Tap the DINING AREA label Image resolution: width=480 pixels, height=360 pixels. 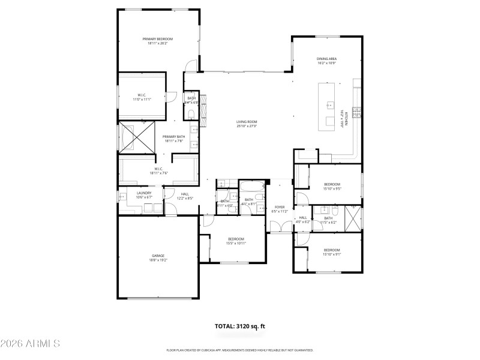326,59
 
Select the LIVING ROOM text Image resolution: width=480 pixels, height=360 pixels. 246,122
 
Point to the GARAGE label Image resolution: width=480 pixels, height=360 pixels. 158,256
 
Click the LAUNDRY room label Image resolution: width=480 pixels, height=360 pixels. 127,193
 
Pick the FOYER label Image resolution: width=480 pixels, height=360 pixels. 280,208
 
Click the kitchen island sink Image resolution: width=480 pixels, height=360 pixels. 329,104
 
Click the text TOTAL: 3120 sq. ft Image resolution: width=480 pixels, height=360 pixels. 239,326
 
